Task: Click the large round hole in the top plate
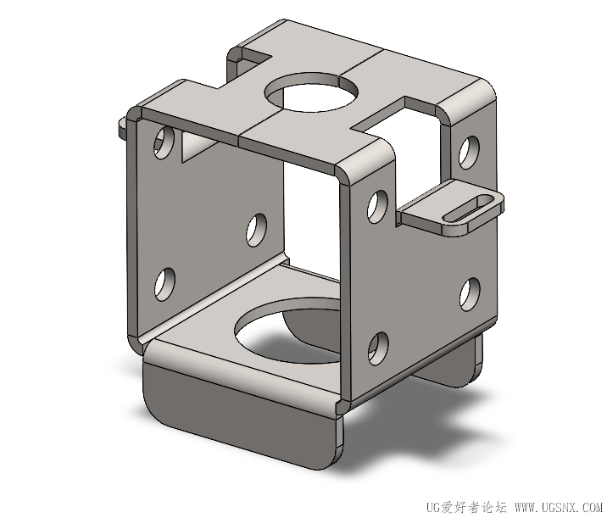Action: (311, 92)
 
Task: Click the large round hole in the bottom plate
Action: (288, 331)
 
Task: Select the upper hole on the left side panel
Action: (164, 142)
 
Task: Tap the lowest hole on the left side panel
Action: (164, 284)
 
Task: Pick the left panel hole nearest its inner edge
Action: (256, 230)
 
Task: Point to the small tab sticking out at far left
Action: (123, 128)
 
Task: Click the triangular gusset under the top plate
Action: (196, 148)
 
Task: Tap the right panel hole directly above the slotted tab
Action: (469, 152)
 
